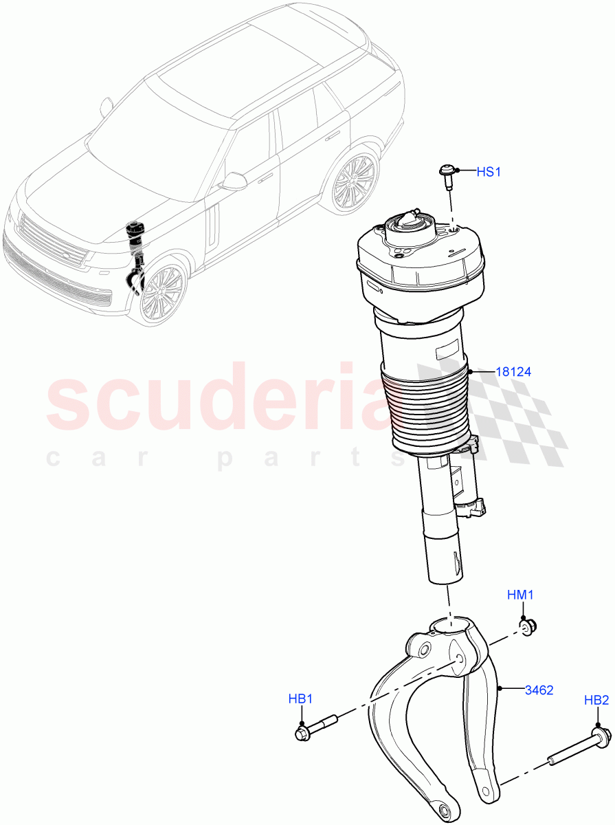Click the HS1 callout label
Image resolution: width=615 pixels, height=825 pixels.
pyautogui.click(x=489, y=171)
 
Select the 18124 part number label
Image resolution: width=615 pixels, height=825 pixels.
pyautogui.click(x=513, y=372)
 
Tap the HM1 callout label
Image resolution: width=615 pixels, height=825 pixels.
pyautogui.click(x=520, y=595)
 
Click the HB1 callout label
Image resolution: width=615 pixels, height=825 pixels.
pyautogui.click(x=300, y=700)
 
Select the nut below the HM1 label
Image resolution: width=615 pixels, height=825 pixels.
pyautogui.click(x=528, y=626)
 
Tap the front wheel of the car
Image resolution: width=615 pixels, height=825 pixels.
pyautogui.click(x=164, y=291)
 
